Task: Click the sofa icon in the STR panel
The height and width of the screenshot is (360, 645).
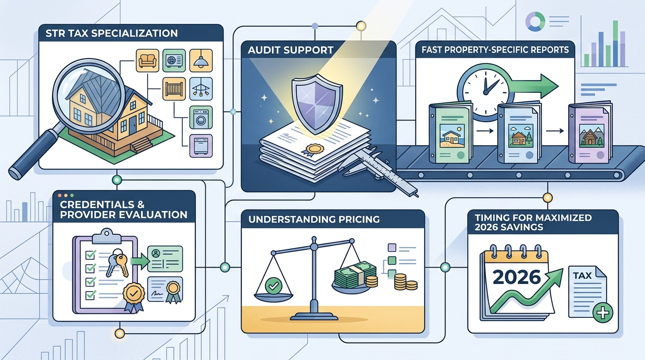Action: click(147, 60)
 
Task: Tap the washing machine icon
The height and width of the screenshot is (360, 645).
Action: click(201, 118)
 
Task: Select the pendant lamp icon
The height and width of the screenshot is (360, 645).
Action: click(201, 60)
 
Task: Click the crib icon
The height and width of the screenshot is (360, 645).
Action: click(174, 89)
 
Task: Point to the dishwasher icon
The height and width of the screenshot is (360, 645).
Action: click(201, 146)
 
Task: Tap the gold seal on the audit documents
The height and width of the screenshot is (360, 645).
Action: click(314, 150)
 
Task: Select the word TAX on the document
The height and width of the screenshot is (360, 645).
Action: click(582, 276)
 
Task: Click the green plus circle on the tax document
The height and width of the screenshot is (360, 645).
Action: click(603, 313)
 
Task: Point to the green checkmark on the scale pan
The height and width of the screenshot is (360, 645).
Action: click(273, 285)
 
